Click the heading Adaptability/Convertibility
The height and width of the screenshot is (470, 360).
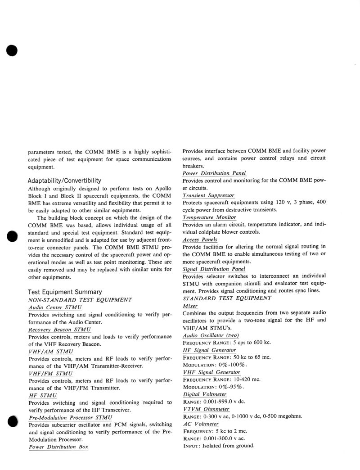pos(64,181)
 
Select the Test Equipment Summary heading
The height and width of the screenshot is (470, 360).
pos(65,292)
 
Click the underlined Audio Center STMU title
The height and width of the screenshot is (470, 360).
pos(54,307)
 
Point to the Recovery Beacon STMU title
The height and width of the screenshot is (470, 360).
pos(59,330)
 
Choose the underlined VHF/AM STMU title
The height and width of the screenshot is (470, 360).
pos(51,351)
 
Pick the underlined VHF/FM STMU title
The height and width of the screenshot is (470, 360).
pos(51,373)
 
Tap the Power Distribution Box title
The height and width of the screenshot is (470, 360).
pos(58,447)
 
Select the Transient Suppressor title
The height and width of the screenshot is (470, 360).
pos(208,195)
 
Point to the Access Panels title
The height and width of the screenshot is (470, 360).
pos(200,240)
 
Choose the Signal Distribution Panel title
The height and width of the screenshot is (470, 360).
pos(214,269)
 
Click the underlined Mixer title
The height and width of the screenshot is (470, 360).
pos(190,306)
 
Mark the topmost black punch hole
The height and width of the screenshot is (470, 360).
pos(12,50)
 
